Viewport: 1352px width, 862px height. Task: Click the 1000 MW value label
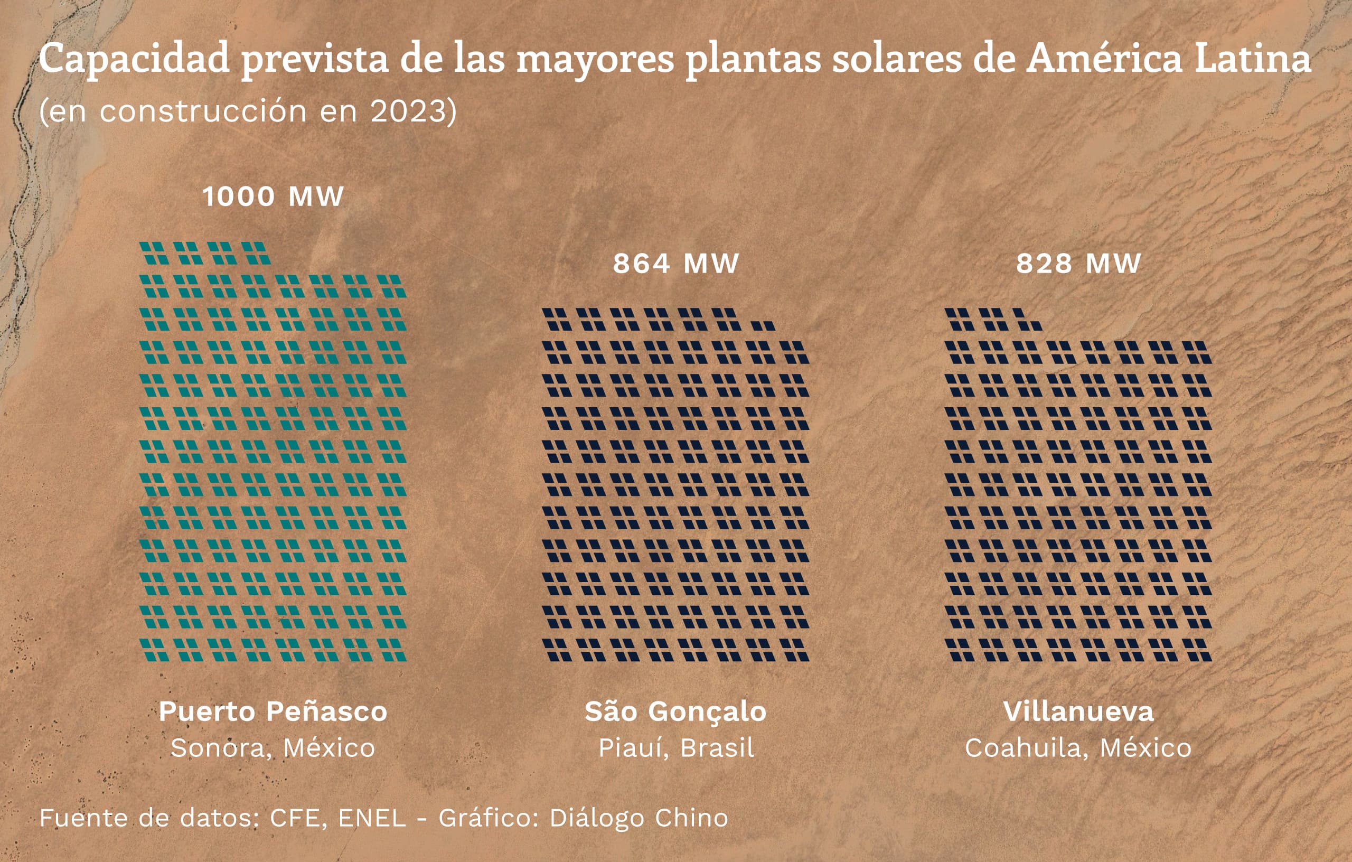[x=273, y=196]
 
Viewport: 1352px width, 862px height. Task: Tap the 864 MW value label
[x=675, y=264]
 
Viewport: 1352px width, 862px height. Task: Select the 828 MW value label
[x=1078, y=264]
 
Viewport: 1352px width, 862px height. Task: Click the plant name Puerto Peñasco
[x=273, y=711]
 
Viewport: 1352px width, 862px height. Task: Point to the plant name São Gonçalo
[x=675, y=711]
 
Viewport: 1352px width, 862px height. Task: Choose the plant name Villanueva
[x=1078, y=711]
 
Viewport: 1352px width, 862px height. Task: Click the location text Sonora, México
[x=273, y=748]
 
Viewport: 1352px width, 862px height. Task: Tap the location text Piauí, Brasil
[x=676, y=748]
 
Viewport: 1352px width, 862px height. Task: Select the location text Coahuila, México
[x=1078, y=748]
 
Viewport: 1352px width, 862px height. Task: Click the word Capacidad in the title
[x=134, y=59]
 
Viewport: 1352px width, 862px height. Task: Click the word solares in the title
[x=897, y=59]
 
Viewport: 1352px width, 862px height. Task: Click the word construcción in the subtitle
[x=203, y=111]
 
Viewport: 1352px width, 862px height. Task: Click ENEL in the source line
[x=372, y=818]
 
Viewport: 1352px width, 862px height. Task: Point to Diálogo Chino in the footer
[x=639, y=818]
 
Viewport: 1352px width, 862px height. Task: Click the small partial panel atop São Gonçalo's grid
[x=763, y=325]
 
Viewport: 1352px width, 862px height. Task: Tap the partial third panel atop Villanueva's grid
[x=1028, y=319]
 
